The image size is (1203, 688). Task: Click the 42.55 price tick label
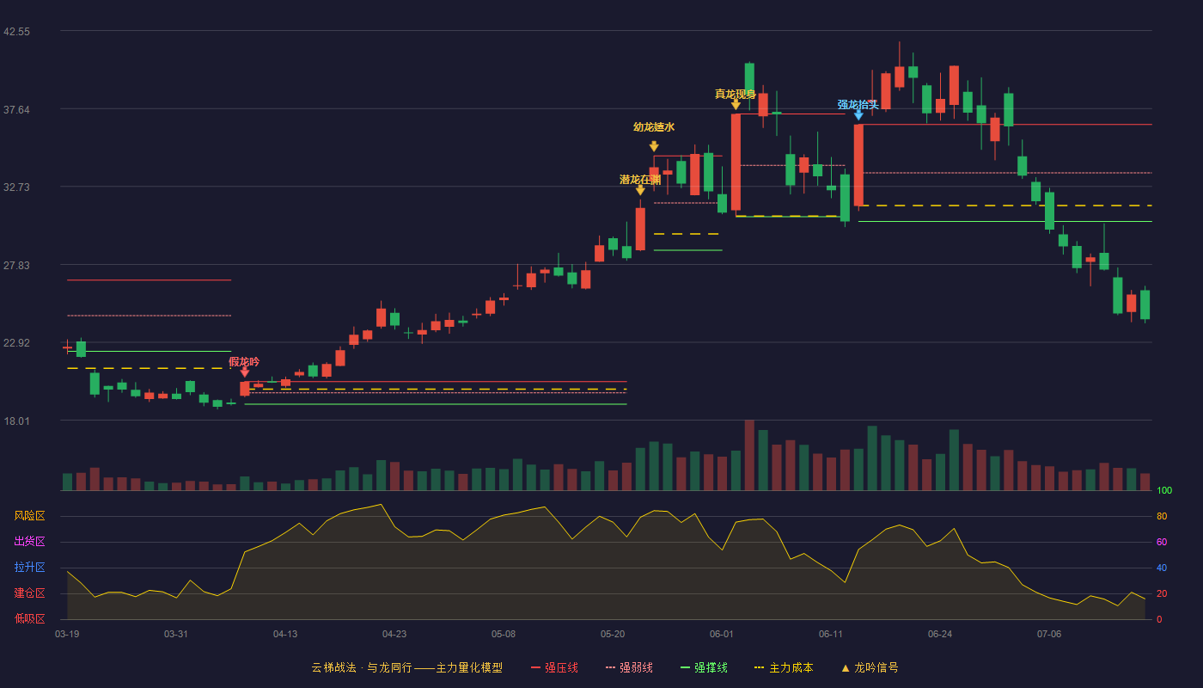pos(16,32)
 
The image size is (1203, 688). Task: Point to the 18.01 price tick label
pos(16,421)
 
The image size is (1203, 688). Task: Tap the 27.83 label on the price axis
pos(16,266)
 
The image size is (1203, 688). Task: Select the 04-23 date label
pos(394,635)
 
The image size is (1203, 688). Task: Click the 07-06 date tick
pos(1049,635)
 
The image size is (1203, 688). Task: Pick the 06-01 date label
pos(721,635)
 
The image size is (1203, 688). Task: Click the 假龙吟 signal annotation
pos(244,362)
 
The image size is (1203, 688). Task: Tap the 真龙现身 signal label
pos(736,94)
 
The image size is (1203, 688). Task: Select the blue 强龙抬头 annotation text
pos(858,104)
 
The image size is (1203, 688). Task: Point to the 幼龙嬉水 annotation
pos(654,127)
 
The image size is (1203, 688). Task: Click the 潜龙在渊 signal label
pos(639,180)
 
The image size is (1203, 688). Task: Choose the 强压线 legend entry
pos(555,667)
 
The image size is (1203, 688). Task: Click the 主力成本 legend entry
pos(784,667)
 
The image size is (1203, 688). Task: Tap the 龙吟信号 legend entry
pos(870,667)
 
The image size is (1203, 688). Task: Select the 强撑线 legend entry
pos(704,667)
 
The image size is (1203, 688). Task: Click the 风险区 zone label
pos(29,516)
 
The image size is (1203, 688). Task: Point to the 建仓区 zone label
pos(29,593)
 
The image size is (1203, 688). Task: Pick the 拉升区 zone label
pos(29,568)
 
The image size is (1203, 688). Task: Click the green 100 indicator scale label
pos(1164,490)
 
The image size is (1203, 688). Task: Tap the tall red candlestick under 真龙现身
pos(736,163)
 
